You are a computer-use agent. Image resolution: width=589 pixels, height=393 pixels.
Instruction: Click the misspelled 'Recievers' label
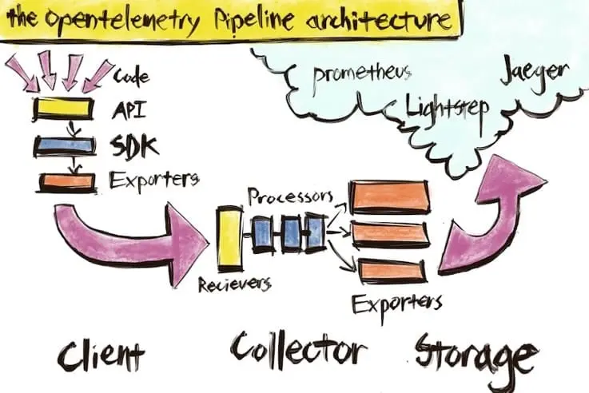(x=235, y=283)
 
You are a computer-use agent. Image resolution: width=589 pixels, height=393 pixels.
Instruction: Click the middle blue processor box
(x=291, y=232)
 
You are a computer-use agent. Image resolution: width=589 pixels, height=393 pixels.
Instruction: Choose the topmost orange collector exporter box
(x=388, y=196)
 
